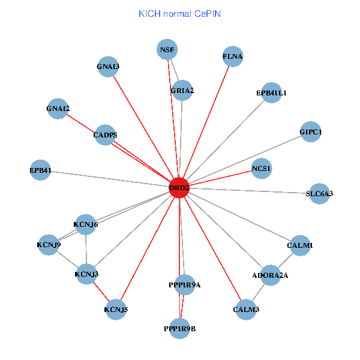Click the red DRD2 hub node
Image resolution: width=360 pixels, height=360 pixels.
(x=179, y=188)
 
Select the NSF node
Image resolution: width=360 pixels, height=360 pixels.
(x=167, y=50)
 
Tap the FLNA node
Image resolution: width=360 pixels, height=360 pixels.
(x=233, y=56)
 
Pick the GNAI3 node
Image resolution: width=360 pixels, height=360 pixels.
(x=108, y=67)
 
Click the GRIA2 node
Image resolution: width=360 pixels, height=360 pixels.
(x=182, y=91)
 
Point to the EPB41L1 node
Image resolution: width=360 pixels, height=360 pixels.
(x=271, y=93)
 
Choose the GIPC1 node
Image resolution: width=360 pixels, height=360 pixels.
(x=311, y=132)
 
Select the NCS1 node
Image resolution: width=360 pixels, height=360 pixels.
(x=262, y=169)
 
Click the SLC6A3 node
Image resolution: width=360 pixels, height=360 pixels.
(x=319, y=194)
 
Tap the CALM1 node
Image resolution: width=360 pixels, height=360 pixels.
(x=300, y=245)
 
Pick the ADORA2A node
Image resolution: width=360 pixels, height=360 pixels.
(x=270, y=275)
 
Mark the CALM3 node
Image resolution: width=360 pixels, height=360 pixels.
(x=246, y=310)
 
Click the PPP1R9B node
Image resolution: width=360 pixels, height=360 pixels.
(x=180, y=329)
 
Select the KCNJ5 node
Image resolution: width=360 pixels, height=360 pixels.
(x=116, y=310)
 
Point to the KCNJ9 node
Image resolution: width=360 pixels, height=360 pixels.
(x=49, y=245)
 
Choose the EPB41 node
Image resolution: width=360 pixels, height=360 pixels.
(x=40, y=170)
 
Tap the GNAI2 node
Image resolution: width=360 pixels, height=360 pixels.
(x=58, y=109)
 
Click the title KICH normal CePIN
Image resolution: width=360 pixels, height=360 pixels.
(x=180, y=14)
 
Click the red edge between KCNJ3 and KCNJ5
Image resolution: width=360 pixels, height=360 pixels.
(x=101, y=292)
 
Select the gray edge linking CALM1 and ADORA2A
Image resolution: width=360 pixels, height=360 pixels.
(x=285, y=260)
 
